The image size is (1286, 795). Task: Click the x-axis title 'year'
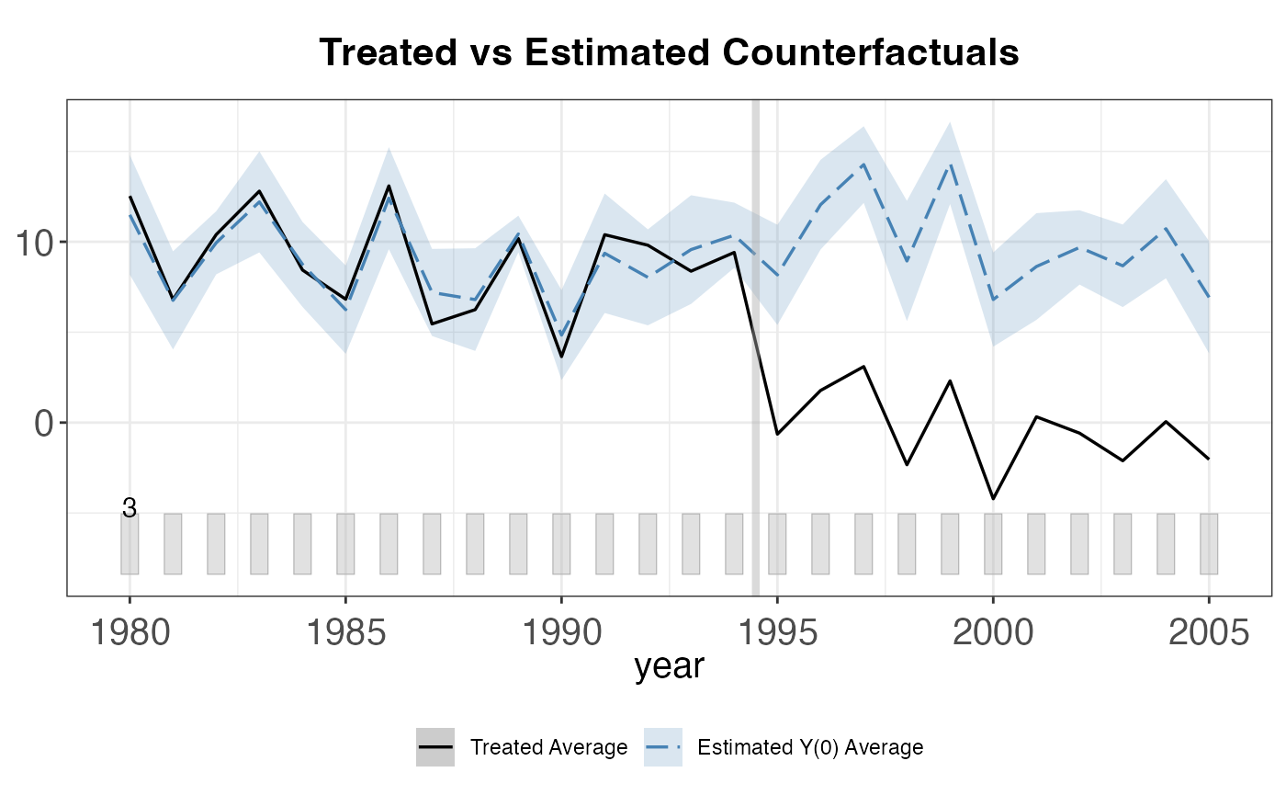coord(669,666)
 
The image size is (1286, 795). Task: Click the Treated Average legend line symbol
coord(434,747)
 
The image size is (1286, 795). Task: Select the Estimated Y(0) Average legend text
coord(810,747)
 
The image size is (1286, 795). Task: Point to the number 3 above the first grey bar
coord(130,507)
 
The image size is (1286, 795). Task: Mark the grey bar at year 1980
coord(130,544)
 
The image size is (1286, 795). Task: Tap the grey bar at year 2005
coord(1209,544)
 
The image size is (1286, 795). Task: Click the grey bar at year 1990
coord(561,544)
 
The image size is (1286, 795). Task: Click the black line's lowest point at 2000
coord(993,498)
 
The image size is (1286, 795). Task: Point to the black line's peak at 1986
coord(389,186)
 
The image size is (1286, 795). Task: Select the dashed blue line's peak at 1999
coord(950,165)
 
